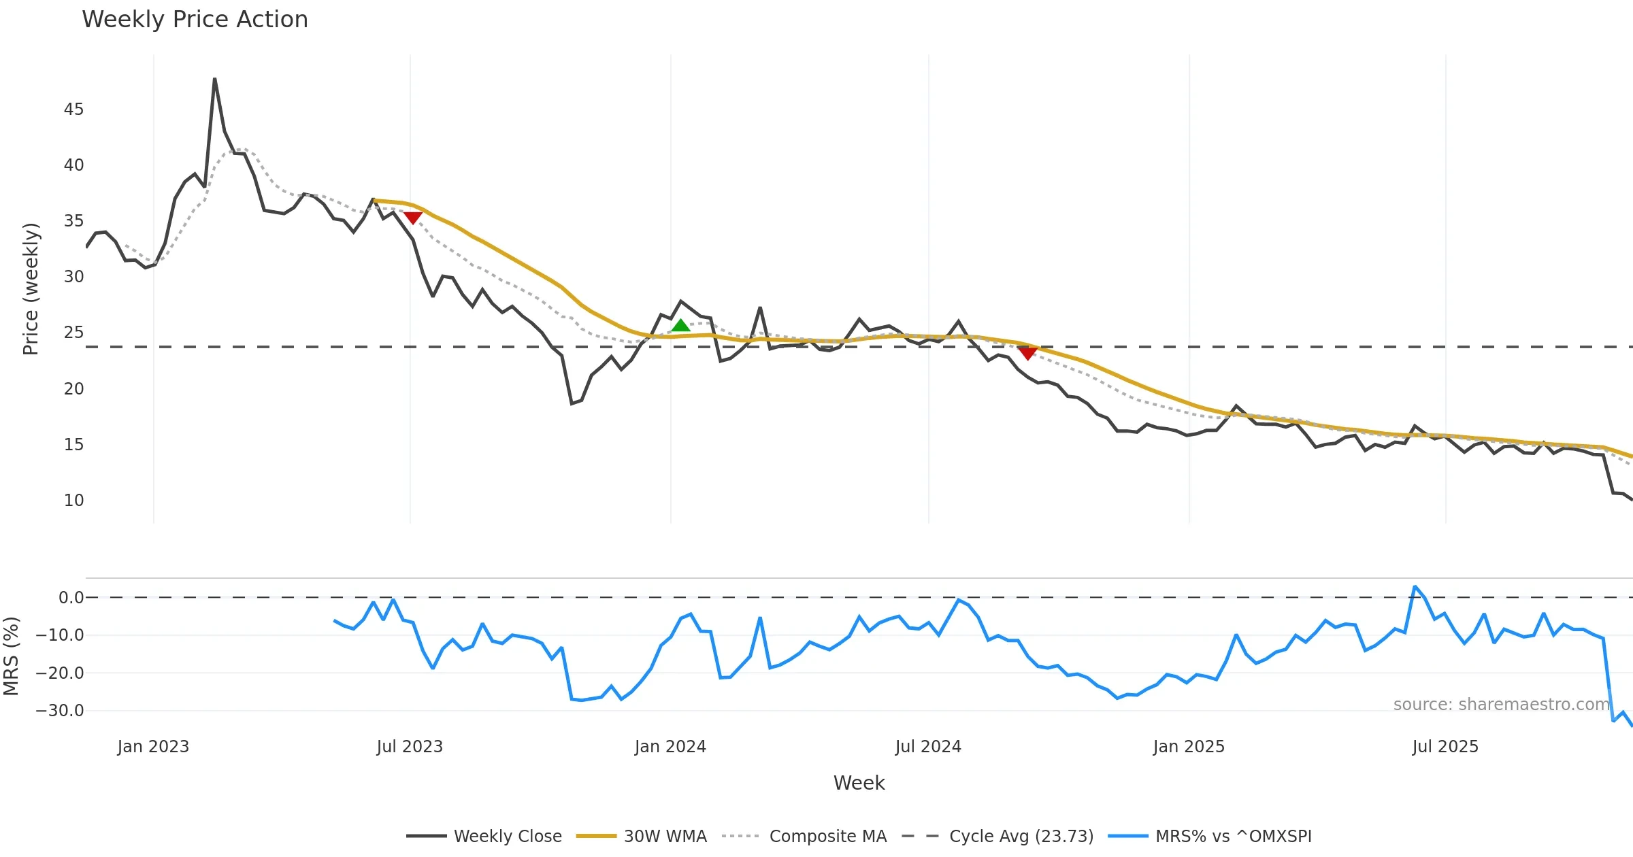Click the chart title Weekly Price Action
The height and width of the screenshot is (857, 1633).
[x=195, y=20]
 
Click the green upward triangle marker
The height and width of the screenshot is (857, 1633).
[x=680, y=326]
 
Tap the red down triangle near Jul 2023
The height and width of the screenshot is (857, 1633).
[x=413, y=218]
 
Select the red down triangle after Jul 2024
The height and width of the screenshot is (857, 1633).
[x=1027, y=353]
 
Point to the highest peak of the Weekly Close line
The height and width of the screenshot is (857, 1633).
[x=214, y=79]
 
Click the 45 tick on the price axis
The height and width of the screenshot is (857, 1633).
[x=73, y=110]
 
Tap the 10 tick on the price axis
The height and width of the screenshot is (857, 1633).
[x=73, y=501]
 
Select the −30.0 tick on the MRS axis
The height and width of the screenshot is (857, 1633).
[x=60, y=711]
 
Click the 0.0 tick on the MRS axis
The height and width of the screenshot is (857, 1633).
[x=71, y=598]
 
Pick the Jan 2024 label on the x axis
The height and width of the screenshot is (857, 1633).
[x=670, y=747]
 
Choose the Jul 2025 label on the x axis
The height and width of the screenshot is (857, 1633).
[x=1445, y=747]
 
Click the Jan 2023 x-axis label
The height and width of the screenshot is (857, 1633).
[x=153, y=747]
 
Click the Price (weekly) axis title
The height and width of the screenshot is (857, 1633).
[x=31, y=289]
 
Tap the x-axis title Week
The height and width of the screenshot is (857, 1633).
[x=859, y=784]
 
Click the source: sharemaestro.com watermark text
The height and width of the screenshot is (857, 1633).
[x=1501, y=705]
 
